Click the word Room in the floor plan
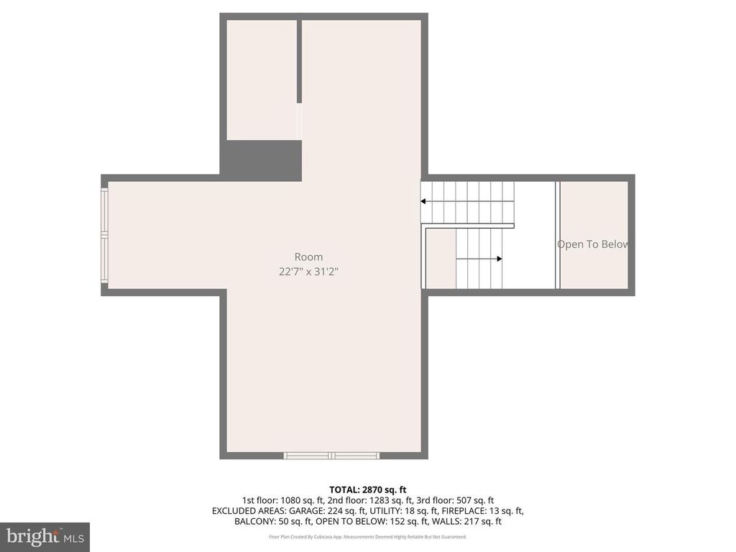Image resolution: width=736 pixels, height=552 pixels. [x=308, y=257]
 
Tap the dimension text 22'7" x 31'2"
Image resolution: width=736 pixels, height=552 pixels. [x=308, y=272]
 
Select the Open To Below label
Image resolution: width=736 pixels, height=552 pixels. [x=593, y=244]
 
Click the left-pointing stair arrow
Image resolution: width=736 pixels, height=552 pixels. [x=424, y=201]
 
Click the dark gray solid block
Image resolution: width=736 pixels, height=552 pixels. [x=260, y=160]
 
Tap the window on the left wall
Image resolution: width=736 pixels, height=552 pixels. [x=105, y=234]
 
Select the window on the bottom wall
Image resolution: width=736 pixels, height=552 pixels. [x=331, y=455]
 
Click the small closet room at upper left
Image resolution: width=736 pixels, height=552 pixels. [x=261, y=79]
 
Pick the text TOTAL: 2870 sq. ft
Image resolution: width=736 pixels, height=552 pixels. [x=367, y=489]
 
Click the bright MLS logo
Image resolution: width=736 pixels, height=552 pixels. [x=45, y=536]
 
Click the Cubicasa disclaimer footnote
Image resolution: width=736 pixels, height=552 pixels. [x=367, y=537]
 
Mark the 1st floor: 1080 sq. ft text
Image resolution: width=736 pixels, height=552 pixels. [x=279, y=500]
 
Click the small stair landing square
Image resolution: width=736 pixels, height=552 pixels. [x=440, y=259]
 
